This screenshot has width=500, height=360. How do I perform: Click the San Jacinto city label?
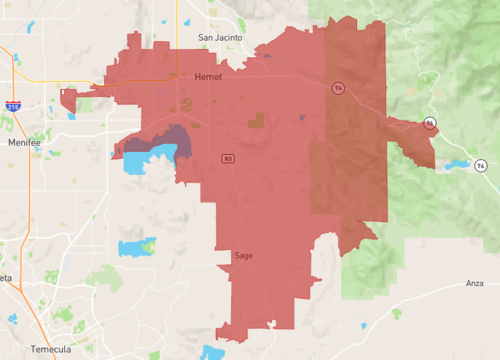point(220,38)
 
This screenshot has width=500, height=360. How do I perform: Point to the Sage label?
point(243,256)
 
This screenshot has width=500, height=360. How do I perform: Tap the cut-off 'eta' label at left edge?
point(6,278)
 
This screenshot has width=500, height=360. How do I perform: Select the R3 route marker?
point(228,157)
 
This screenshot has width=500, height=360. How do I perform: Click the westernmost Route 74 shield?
point(339,87)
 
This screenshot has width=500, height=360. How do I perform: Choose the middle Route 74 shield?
point(429,123)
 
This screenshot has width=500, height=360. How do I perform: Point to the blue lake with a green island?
point(136,246)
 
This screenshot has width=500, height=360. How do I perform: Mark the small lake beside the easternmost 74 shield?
point(457,164)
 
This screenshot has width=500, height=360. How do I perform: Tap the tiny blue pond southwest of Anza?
point(396,313)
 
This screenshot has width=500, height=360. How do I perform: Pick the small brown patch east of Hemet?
point(258,120)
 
